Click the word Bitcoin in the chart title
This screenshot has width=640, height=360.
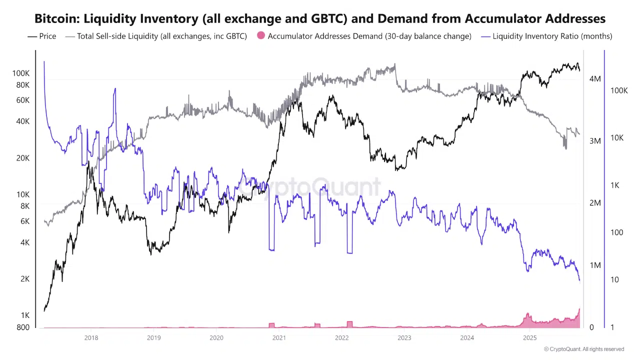coord(56,19)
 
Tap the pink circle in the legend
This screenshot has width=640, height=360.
coord(260,36)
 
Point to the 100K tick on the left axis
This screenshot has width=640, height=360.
coord(21,73)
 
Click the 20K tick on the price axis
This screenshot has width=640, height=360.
coord(23,158)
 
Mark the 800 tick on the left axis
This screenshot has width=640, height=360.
coord(23,327)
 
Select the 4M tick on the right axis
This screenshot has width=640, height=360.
coord(595,79)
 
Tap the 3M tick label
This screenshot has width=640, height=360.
coord(595,141)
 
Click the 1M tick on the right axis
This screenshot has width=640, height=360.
coord(595,265)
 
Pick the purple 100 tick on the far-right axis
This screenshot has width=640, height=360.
coord(617,232)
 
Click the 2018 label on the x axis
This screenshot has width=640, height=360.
coord(91,338)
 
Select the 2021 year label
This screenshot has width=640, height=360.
coord(279,338)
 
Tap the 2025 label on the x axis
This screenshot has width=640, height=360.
coord(529,338)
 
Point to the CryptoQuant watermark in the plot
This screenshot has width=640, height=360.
coord(308,187)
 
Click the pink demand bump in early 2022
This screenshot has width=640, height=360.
coord(349,324)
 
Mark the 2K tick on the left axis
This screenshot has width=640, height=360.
coord(25,279)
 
